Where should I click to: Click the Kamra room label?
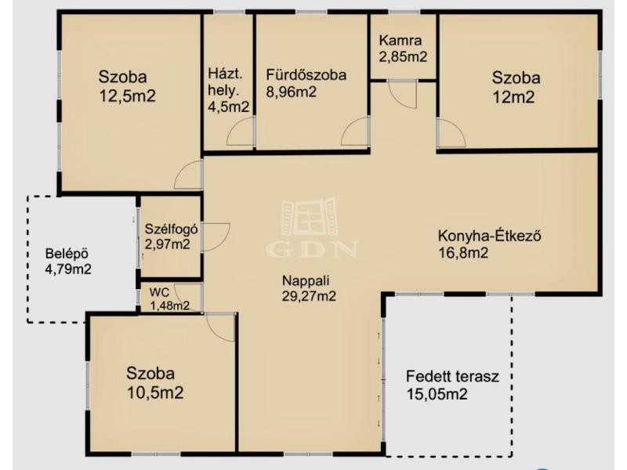pyautogui.click(x=400, y=41)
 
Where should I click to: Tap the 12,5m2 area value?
pyautogui.click(x=127, y=96)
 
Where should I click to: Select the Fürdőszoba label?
pyautogui.click(x=306, y=74)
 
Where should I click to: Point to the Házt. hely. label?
pyautogui.click(x=225, y=82)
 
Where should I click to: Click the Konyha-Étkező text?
pyautogui.click(x=489, y=236)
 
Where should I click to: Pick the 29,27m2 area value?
pyautogui.click(x=309, y=296)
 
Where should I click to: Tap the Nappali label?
pyautogui.click(x=306, y=280)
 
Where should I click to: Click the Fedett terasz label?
pyautogui.click(x=452, y=377)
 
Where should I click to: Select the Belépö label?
pyautogui.click(x=67, y=254)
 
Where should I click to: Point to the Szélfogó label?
pyautogui.click(x=171, y=229)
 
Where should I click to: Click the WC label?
pyautogui.click(x=159, y=292)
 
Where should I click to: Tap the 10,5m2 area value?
pyautogui.click(x=155, y=392)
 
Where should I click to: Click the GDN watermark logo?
pyautogui.click(x=311, y=227)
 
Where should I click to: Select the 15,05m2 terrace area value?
pyautogui.click(x=437, y=395)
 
